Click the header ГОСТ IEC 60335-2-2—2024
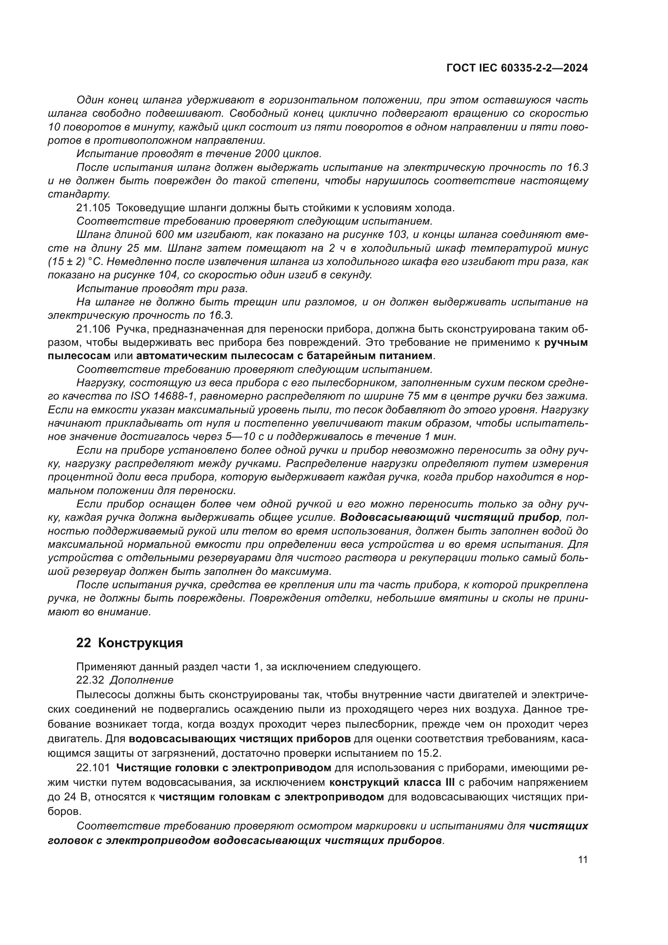(x=517, y=68)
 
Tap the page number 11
(x=582, y=860)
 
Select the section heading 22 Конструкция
(x=130, y=643)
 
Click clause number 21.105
(x=93, y=208)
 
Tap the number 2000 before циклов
(x=268, y=154)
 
